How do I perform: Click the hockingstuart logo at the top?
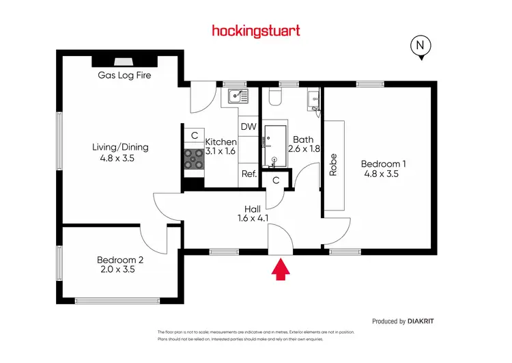click(256, 31)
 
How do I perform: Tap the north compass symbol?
click(421, 47)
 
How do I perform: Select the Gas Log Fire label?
click(124, 75)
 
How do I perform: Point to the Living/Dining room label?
click(120, 147)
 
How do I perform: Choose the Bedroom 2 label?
click(120, 260)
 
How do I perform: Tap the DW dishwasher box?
click(248, 127)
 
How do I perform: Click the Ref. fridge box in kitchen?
click(248, 174)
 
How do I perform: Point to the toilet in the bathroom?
click(276, 98)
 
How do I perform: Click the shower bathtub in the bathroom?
click(273, 146)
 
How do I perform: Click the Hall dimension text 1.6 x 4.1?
click(253, 219)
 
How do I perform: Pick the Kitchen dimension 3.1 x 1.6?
click(221, 151)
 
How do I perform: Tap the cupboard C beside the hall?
click(275, 180)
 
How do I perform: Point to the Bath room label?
click(303, 139)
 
